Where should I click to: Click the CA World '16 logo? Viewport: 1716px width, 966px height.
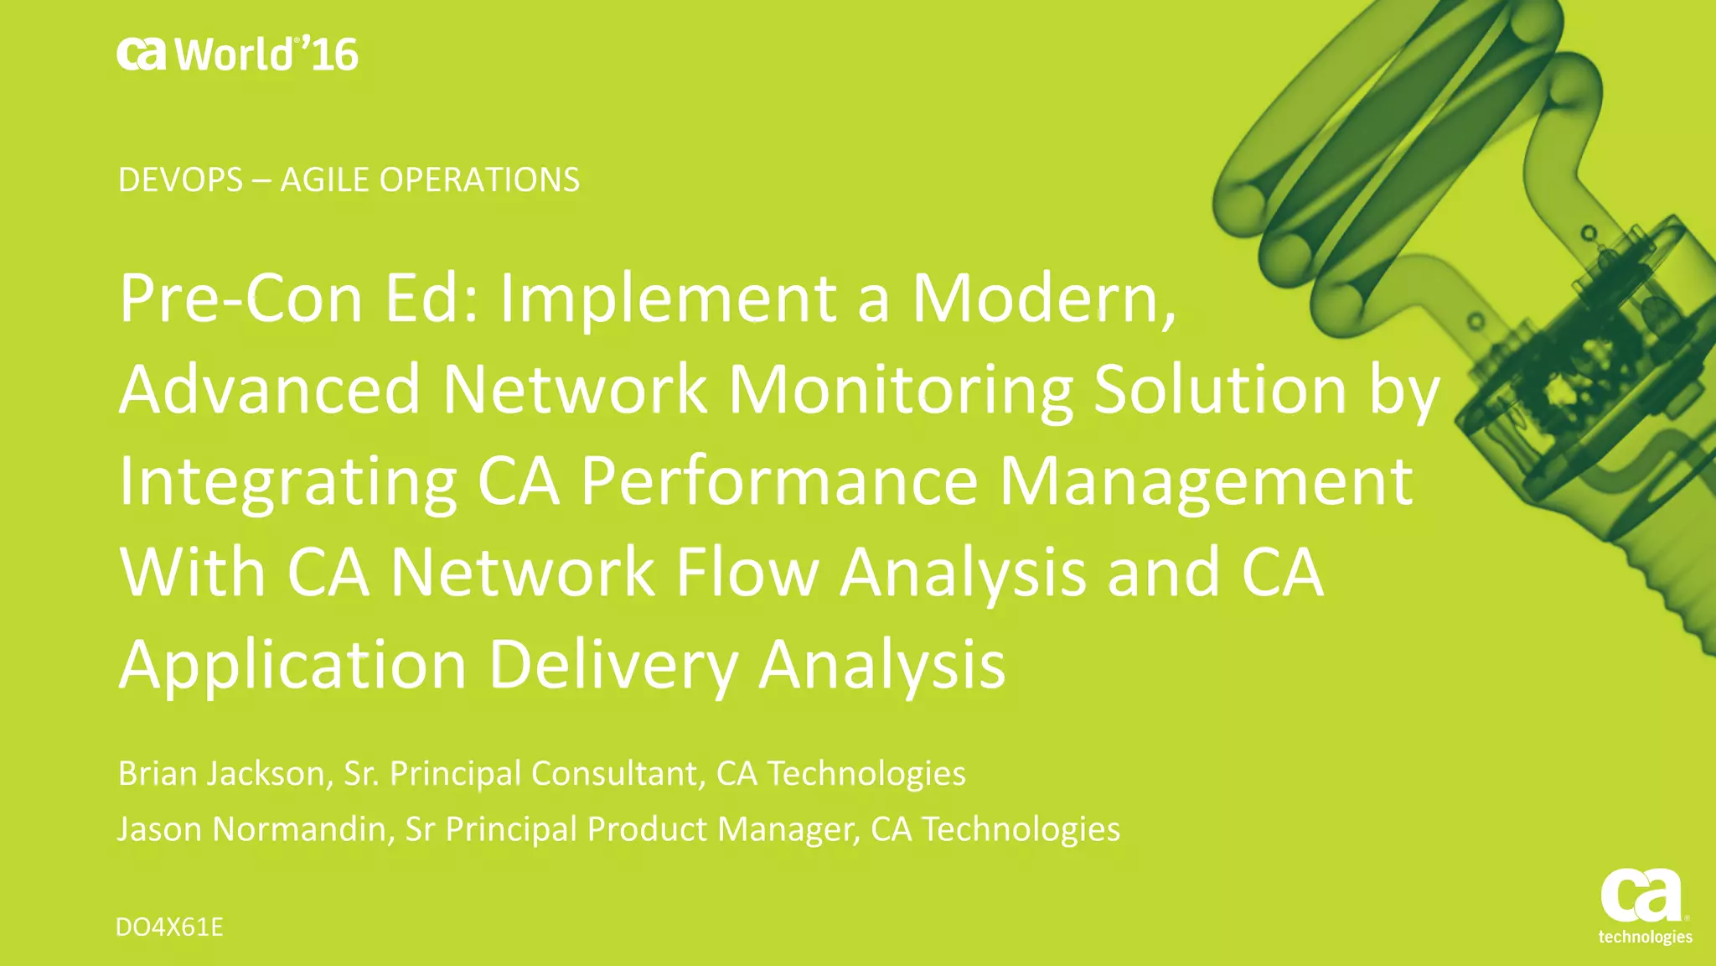pos(237,55)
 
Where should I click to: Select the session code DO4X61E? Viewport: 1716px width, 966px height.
pos(169,927)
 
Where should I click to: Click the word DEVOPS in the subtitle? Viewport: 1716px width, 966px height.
pos(180,180)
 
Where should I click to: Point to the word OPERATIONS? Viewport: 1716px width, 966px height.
pos(479,180)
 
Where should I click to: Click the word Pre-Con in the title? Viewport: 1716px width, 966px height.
pos(240,299)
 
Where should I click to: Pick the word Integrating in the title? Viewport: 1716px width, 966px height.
pos(287,482)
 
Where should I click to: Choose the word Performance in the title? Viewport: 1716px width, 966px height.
pos(779,482)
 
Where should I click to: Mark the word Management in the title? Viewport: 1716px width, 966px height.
pos(1207,482)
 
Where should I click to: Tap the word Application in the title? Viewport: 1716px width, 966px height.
pos(292,664)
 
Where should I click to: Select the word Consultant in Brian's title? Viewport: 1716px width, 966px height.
pos(616,773)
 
